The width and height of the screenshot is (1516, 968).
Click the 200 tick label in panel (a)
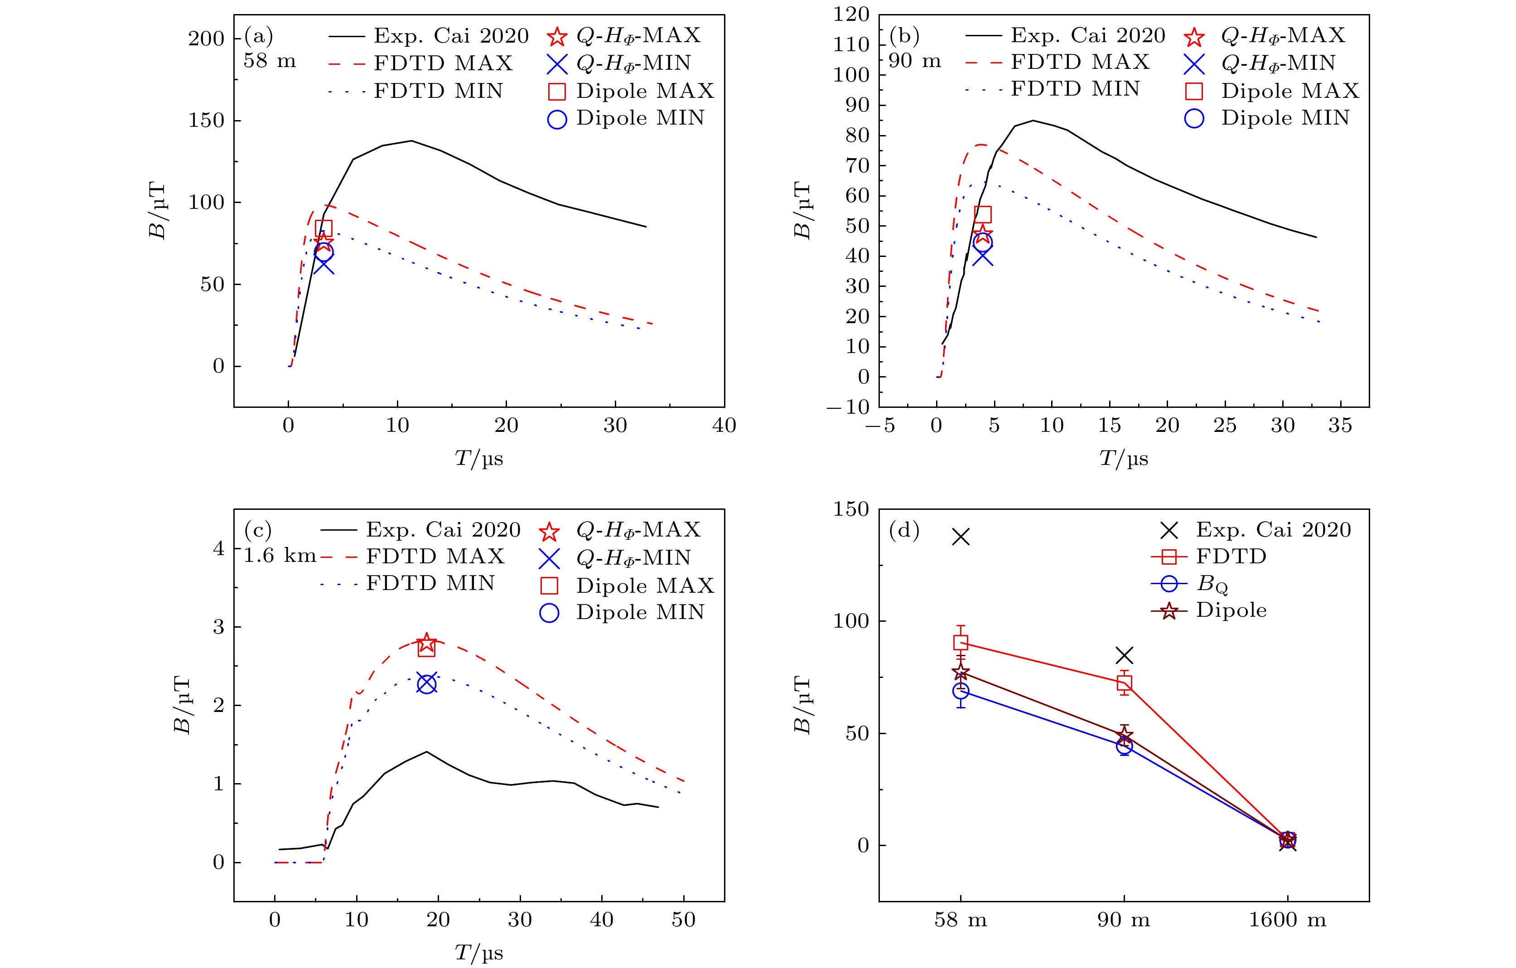pyautogui.click(x=206, y=39)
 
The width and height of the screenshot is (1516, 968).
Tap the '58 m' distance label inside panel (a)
pyautogui.click(x=270, y=61)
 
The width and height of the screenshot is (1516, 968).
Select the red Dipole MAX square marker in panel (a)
pyautogui.click(x=323, y=228)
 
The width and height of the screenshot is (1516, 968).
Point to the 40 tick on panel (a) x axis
pyautogui.click(x=724, y=426)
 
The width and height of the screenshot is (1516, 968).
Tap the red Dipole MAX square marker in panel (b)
pyautogui.click(x=983, y=215)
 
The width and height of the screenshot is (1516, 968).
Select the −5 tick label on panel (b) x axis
pyautogui.click(x=880, y=426)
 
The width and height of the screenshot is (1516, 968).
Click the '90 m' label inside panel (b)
pyautogui.click(x=914, y=61)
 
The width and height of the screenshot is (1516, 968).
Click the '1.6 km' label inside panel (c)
pyautogui.click(x=280, y=556)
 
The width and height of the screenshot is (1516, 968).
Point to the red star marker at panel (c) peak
pyautogui.click(x=427, y=643)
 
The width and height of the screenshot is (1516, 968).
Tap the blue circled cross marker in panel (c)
pyautogui.click(x=427, y=684)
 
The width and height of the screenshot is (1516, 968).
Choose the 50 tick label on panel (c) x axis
pyautogui.click(x=684, y=920)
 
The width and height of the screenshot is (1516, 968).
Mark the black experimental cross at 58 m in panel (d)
pyautogui.click(x=961, y=537)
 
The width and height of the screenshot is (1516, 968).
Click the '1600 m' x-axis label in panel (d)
pyautogui.click(x=1288, y=920)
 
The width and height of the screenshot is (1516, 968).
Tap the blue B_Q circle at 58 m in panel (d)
pyautogui.click(x=961, y=692)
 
